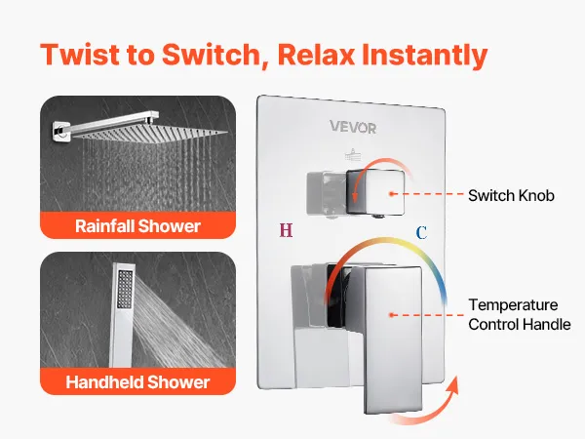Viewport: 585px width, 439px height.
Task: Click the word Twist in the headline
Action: [x=80, y=55]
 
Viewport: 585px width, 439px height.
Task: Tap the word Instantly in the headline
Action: [x=424, y=56]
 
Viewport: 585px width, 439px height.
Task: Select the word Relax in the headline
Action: [x=316, y=55]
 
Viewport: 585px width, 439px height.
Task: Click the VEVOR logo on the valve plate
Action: [x=353, y=127]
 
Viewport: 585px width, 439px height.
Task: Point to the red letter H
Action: [x=286, y=230]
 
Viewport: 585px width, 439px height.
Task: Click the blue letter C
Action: [x=421, y=233]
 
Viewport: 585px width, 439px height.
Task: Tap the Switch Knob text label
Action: [x=511, y=196]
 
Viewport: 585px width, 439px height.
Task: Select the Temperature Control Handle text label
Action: [x=520, y=315]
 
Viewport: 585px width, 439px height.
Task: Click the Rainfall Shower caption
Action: [x=138, y=226]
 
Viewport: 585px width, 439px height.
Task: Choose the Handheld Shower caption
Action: [x=138, y=382]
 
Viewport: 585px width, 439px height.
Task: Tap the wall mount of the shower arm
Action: [x=60, y=132]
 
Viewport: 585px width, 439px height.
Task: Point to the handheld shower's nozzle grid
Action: [x=125, y=289]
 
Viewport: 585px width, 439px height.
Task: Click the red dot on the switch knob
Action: [x=391, y=194]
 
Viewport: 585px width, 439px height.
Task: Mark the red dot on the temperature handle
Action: [x=391, y=315]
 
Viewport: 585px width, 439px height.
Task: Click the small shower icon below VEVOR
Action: [x=353, y=155]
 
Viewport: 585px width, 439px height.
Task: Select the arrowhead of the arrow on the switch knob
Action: [x=355, y=196]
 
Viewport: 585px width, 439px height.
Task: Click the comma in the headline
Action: [x=265, y=66]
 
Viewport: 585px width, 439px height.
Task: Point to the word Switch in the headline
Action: [x=211, y=55]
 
